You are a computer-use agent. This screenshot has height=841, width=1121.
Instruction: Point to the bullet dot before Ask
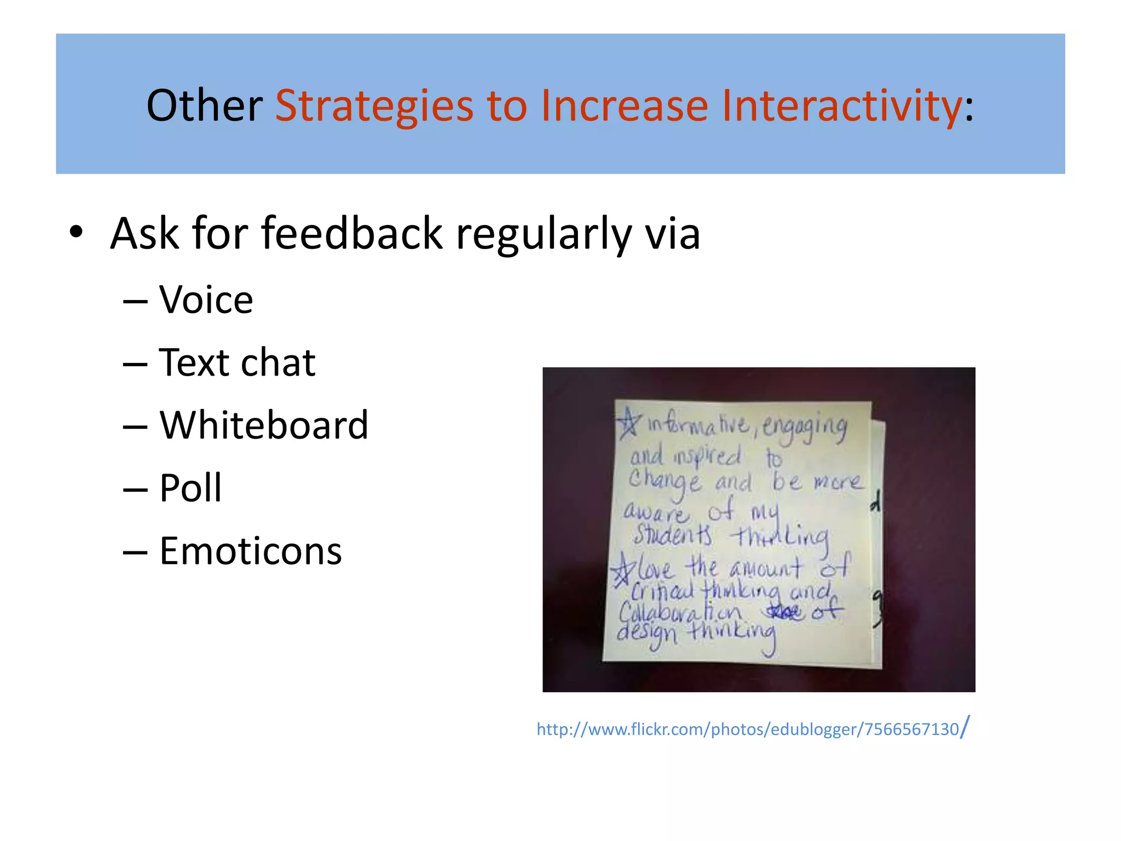[x=76, y=233]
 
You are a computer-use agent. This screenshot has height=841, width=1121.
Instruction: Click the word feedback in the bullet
[x=351, y=233]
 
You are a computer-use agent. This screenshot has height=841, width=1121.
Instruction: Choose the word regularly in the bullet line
[x=544, y=234]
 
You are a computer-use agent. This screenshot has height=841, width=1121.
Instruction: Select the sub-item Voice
[x=206, y=300]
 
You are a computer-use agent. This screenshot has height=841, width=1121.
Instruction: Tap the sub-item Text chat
[x=236, y=362]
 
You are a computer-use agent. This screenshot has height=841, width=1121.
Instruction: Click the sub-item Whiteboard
[x=263, y=425]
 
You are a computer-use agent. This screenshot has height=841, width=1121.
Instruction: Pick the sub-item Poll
[x=190, y=488]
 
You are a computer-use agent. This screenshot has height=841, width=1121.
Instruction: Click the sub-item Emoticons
[x=250, y=551]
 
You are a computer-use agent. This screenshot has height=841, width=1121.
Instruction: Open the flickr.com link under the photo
[x=748, y=729]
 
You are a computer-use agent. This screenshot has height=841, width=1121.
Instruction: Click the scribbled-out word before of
[x=784, y=611]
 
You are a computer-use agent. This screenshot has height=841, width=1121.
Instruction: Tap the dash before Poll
[x=135, y=488]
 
